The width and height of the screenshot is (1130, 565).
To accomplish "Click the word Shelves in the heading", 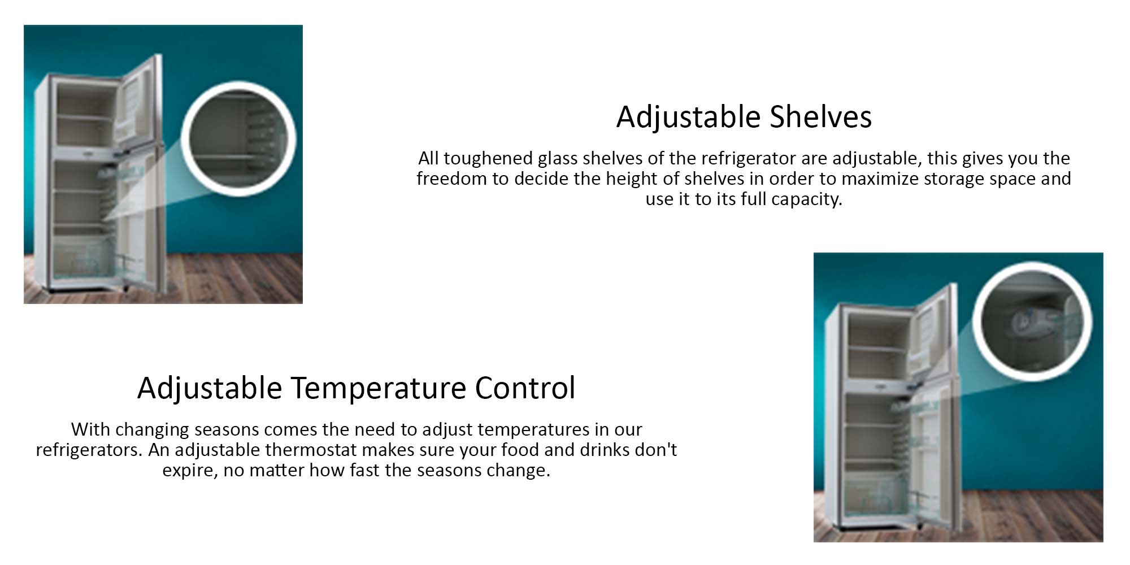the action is (x=821, y=117).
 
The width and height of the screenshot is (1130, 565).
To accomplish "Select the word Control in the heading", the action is (x=525, y=388).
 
